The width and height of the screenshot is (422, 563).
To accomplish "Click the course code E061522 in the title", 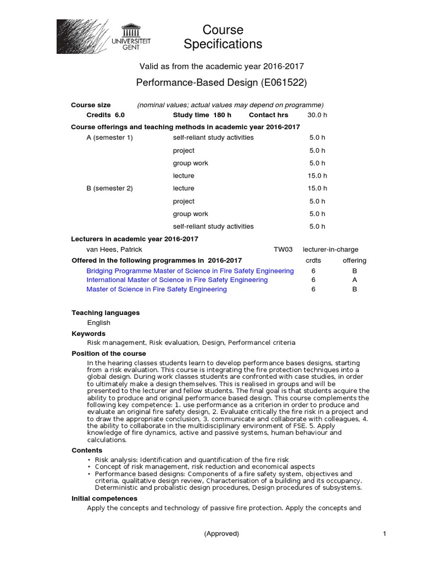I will click(284, 83).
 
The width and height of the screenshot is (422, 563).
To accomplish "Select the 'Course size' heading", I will click(91, 105).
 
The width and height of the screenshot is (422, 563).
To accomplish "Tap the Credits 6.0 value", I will click(105, 115).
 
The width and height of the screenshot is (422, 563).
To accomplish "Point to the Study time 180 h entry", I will click(202, 115).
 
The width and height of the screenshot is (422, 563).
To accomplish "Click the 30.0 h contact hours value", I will click(317, 115).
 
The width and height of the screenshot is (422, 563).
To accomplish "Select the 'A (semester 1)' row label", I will click(110, 137).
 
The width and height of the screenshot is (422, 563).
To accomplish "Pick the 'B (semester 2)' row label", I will click(110, 189).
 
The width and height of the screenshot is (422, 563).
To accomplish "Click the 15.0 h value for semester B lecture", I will click(317, 189).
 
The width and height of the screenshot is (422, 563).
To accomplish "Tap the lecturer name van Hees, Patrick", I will click(114, 250).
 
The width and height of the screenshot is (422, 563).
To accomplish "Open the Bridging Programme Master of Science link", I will click(190, 271).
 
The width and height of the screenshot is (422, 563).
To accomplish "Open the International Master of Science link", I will click(177, 280).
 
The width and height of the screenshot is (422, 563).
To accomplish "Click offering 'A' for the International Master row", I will click(354, 280).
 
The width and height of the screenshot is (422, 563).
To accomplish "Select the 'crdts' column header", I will click(313, 261).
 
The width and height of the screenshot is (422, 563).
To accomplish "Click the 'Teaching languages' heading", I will click(105, 313).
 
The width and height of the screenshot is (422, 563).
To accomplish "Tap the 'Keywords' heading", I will click(88, 334).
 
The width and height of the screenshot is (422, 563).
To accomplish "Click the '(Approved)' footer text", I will click(221, 533).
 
